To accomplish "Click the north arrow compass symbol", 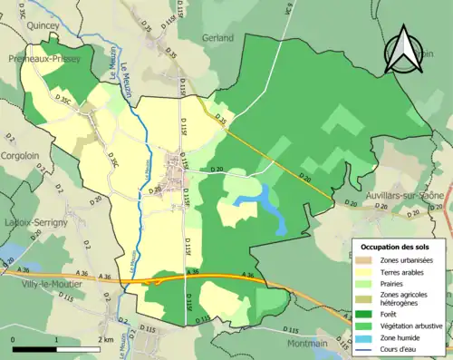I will coord(405,51).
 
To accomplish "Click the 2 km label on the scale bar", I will coord(107,339).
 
